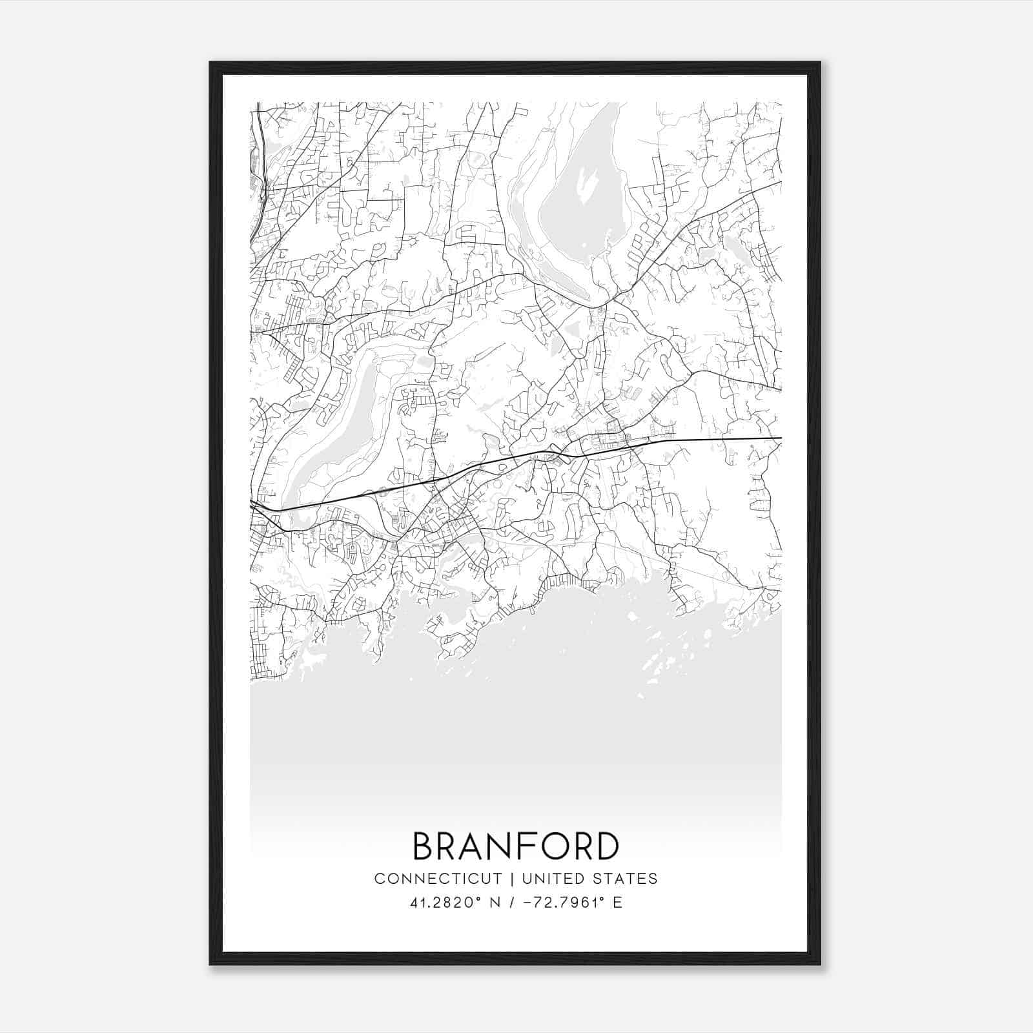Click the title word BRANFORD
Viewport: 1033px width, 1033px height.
(515, 846)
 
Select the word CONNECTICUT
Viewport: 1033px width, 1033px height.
(438, 879)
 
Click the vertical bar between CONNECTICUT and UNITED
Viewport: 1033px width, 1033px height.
(512, 879)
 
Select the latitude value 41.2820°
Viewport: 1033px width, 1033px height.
(447, 903)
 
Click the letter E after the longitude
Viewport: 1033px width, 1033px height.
(618, 903)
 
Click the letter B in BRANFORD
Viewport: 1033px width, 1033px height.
(424, 846)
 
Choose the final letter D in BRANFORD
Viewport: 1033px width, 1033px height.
(607, 846)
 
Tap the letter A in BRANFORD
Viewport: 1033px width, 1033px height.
(471, 846)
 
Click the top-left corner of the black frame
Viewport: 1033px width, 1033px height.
(211, 63)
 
